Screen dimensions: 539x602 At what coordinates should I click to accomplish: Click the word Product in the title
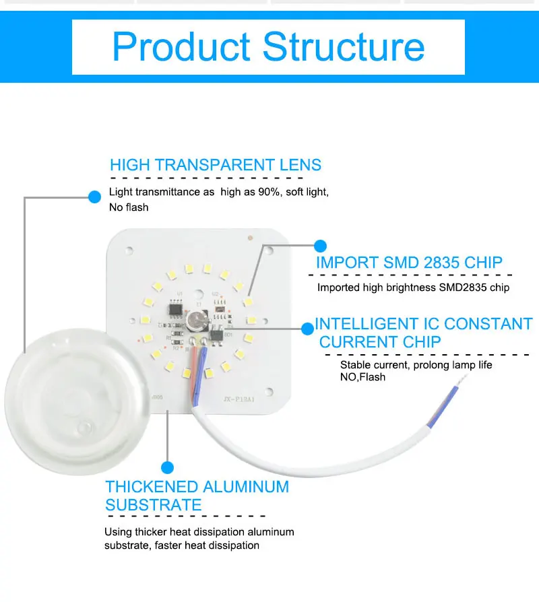tap(181, 47)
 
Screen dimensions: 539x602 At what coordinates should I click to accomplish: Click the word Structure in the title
tap(344, 47)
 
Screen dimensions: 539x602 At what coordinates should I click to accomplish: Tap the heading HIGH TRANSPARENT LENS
tap(216, 165)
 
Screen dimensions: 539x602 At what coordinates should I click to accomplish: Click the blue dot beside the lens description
tap(94, 197)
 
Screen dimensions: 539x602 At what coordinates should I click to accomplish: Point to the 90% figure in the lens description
tap(269, 192)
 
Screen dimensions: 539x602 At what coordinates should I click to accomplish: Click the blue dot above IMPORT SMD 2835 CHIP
tap(321, 246)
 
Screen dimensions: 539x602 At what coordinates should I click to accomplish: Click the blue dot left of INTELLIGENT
tap(308, 329)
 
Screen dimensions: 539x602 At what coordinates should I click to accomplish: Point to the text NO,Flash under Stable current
tap(362, 377)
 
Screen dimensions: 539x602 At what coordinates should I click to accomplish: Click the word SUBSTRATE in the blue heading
tap(154, 505)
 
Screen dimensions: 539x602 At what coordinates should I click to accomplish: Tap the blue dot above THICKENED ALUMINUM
tap(168, 467)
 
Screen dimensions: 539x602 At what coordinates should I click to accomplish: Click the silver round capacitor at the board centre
tap(197, 321)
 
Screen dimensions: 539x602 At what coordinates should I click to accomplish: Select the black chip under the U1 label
tap(176, 310)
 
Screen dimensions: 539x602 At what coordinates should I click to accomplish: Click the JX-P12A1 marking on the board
tap(239, 400)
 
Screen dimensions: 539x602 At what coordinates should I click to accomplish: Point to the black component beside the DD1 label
tap(217, 335)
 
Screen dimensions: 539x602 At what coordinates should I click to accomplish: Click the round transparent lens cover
tap(77, 401)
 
